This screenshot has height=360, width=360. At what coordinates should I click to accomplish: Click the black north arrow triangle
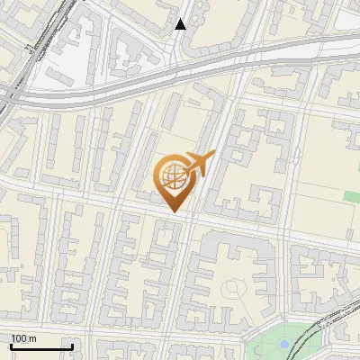point(181,24)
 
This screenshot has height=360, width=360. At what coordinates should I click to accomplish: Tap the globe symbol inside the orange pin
point(171,174)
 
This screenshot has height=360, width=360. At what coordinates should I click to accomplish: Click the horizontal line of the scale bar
point(41,346)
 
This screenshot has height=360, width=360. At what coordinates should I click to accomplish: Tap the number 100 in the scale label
point(19,338)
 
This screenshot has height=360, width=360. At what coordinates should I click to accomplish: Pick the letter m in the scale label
point(31,338)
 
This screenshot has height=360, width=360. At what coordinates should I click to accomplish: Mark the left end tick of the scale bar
point(11,345)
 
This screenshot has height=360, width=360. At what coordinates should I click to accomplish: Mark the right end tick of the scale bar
point(72,345)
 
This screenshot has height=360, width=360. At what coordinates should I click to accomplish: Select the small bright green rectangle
point(351,196)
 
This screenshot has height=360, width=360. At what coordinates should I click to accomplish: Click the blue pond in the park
point(284,344)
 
